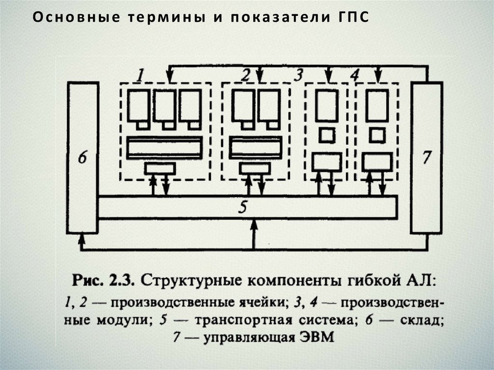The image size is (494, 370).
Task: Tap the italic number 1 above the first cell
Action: [139, 75]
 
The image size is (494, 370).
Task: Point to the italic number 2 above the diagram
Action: [246, 75]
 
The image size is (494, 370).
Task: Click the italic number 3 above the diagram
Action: [298, 75]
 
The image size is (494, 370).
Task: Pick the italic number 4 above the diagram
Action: [354, 76]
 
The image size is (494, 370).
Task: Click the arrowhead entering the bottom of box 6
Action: [82, 238]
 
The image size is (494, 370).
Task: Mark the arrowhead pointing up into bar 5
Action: [254, 225]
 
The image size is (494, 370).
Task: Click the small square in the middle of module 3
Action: [327, 135]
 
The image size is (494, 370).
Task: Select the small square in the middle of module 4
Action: [377, 135]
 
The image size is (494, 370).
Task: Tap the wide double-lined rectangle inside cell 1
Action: [164, 147]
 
